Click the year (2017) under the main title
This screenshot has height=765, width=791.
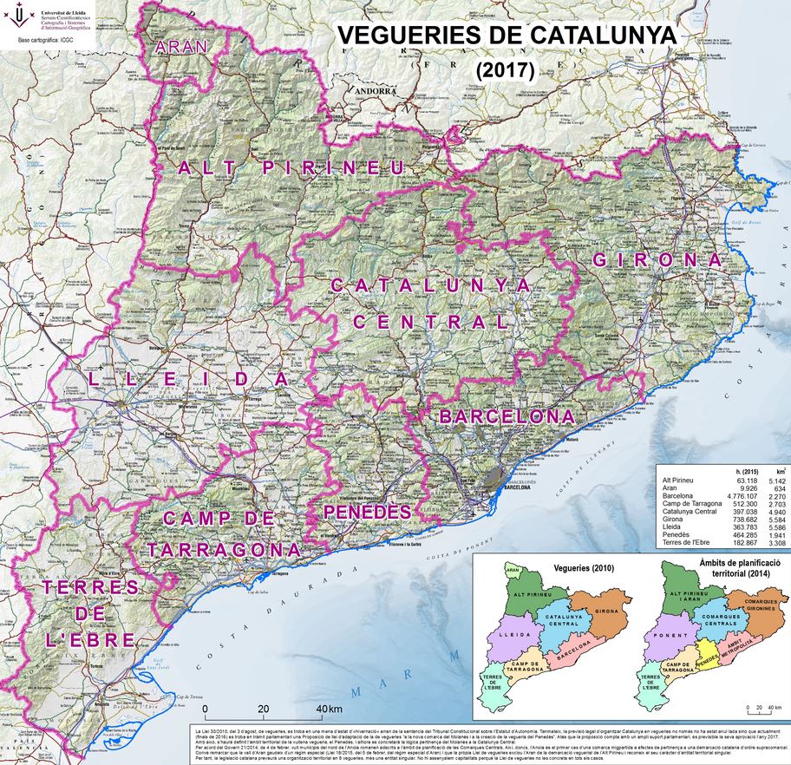click(x=505, y=70)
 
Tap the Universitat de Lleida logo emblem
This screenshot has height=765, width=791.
click(x=22, y=17)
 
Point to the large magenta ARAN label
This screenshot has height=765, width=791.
click(x=180, y=47)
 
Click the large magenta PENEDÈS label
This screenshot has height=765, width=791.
click(x=367, y=513)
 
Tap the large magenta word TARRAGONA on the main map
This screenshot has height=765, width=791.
click(x=224, y=550)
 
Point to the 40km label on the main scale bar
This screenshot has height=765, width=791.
click(x=328, y=709)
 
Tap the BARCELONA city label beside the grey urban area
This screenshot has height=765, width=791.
click(x=514, y=487)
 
